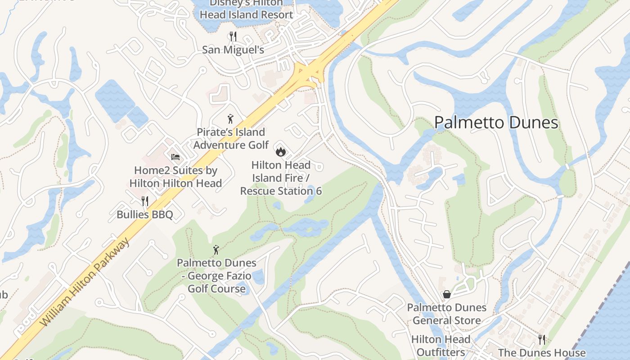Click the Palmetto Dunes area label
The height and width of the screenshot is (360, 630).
[x=496, y=122]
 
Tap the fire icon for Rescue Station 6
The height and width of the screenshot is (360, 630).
[x=281, y=152]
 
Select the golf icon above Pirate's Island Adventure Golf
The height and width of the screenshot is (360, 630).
[x=230, y=119]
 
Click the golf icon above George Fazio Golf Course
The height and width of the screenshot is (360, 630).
[x=216, y=250]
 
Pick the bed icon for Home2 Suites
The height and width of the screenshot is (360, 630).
[x=175, y=157]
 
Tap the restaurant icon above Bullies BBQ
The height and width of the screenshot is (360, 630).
[x=144, y=201]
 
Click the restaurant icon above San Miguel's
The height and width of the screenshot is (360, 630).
[x=233, y=36]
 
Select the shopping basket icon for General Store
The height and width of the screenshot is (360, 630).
[x=447, y=294]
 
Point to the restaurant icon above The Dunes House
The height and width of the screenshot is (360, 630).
[x=542, y=339]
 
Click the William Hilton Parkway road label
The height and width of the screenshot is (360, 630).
[x=85, y=283]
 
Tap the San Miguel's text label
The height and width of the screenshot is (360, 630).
[x=233, y=49]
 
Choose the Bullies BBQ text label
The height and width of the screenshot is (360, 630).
[x=144, y=214]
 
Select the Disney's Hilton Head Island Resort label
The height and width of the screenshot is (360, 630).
[x=246, y=9]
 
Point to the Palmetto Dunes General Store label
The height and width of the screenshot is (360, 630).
[x=447, y=314]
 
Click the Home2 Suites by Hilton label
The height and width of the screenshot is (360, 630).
[x=175, y=177]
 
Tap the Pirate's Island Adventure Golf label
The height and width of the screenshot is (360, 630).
[x=231, y=139]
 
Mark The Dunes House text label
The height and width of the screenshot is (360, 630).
[x=542, y=353]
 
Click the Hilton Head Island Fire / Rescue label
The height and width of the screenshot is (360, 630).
[x=281, y=178]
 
